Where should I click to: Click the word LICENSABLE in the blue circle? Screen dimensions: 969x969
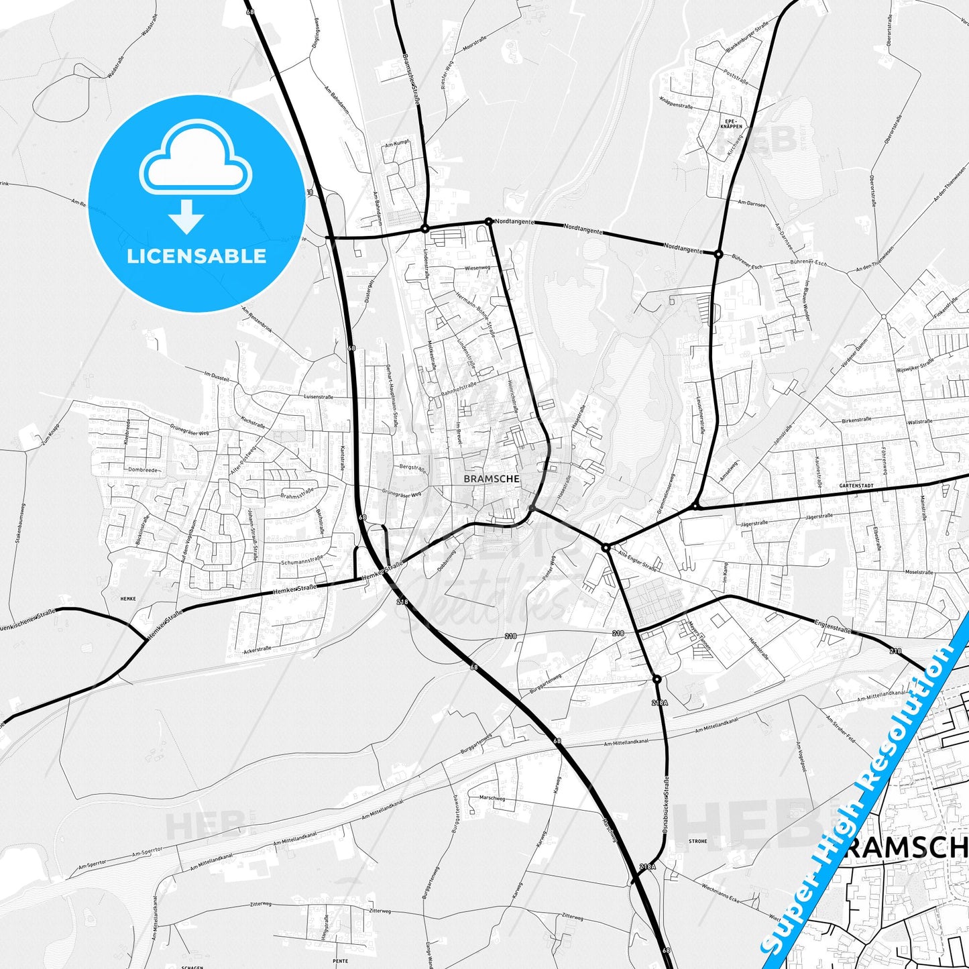[x=196, y=256]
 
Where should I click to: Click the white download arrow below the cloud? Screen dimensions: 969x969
[x=186, y=217]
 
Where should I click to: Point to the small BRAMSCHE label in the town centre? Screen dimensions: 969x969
[x=492, y=479]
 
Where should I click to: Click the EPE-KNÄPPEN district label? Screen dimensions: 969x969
[x=731, y=124]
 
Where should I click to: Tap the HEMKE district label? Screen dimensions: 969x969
[x=128, y=599]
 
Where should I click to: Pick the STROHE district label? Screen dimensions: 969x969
[x=697, y=841]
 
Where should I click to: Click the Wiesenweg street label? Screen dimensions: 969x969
[x=477, y=268]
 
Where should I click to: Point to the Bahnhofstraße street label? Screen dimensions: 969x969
[x=459, y=389]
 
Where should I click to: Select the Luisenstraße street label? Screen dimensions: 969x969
[x=319, y=397]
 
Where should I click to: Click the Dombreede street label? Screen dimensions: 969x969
[x=143, y=470]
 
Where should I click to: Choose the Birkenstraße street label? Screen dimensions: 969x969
[x=856, y=420]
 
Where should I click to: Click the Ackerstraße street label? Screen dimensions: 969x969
[x=258, y=649]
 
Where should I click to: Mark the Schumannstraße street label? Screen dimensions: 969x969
[x=302, y=561]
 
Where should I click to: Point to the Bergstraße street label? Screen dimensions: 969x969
[x=412, y=467]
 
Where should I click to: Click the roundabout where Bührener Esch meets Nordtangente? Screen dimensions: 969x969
[x=718, y=254]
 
